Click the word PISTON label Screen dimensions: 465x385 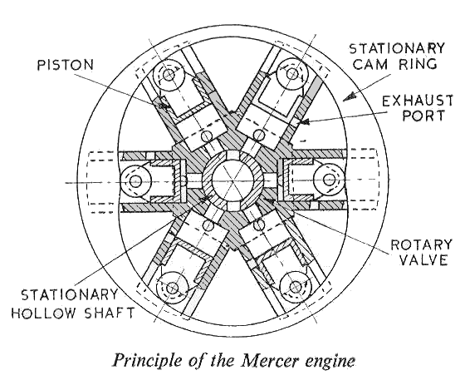point(66,65)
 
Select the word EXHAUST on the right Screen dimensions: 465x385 point(418,101)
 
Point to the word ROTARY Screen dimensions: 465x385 point(422,244)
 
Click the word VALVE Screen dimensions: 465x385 point(423,259)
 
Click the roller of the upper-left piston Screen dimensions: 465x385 point(169,75)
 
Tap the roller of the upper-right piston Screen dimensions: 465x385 point(293,74)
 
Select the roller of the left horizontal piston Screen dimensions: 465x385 point(135,181)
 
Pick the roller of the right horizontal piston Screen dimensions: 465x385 point(329,180)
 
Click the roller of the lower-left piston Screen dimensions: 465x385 point(172,288)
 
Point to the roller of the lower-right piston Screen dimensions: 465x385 point(296,287)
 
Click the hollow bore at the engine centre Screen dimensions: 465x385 point(232,180)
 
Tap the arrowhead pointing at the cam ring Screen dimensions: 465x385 point(350,96)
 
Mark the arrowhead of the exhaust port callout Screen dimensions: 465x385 point(304,121)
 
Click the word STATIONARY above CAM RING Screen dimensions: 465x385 point(397,48)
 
